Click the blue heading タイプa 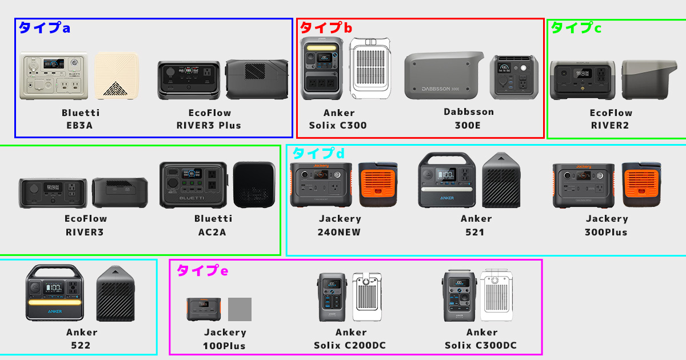[x=45, y=28]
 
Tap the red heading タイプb [x=326, y=28]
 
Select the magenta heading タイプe [x=202, y=271]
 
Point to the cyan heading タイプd [x=318, y=153]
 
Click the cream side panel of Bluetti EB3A [x=117, y=76]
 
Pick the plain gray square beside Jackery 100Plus [x=240, y=309]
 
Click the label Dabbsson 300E [x=469, y=118]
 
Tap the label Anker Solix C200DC [x=350, y=339]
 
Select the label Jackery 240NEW [x=340, y=225]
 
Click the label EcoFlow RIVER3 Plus [x=209, y=119]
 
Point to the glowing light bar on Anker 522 [x=55, y=302]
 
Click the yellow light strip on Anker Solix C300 [x=321, y=48]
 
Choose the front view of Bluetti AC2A [x=193, y=185]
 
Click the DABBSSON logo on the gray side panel [x=440, y=89]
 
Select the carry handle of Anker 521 [x=447, y=158]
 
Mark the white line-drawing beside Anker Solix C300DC [x=496, y=295]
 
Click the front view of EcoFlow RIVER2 [x=583, y=80]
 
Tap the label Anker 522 [x=81, y=339]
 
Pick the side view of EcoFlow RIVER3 [x=120, y=193]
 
